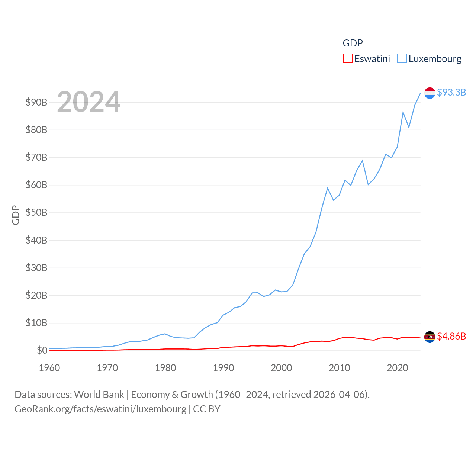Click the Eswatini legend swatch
coord(347,59)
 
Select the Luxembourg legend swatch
coord(402,59)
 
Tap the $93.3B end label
coord(451,92)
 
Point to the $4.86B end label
coord(451,336)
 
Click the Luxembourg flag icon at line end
coord(430,93)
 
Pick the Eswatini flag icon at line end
coord(430,337)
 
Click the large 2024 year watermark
coord(89,102)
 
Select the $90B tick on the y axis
coord(36,102)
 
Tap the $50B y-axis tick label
coord(36,213)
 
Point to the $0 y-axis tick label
coord(42,350)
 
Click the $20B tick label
coord(36,295)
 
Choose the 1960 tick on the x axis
coord(49,368)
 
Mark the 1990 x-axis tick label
coord(223,368)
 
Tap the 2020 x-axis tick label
coord(398,368)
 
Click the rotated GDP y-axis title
coord(16,215)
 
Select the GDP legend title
coord(353,43)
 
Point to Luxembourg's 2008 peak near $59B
coord(328,188)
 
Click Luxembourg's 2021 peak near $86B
coord(403,112)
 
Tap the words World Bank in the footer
coord(99,395)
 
